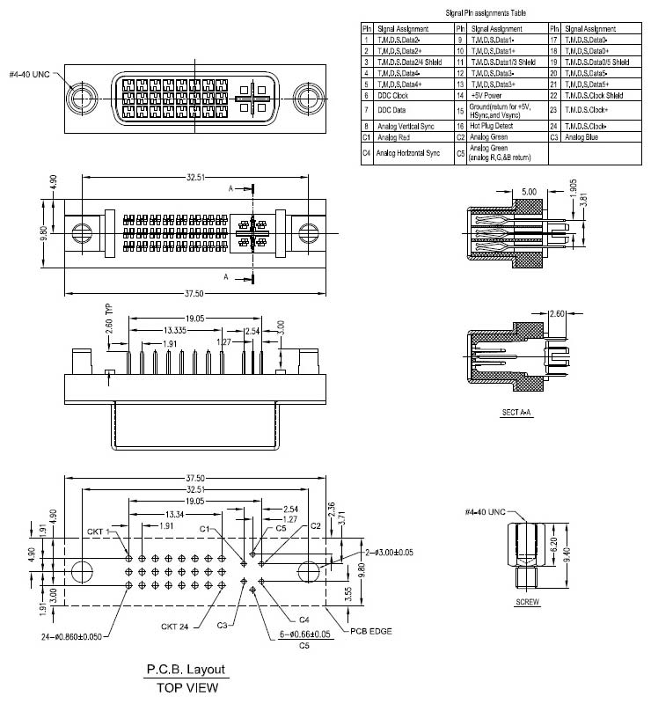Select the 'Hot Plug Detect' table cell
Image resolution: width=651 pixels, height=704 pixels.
491,126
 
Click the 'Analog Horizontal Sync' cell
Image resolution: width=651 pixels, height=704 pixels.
407,152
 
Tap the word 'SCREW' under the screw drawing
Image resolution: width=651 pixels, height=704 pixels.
527,603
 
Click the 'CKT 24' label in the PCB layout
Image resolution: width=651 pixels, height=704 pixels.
176,626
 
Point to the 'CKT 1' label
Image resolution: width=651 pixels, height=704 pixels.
99,532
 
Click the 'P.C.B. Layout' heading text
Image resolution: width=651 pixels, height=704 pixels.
186,670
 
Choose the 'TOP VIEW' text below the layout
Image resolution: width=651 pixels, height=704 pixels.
186,687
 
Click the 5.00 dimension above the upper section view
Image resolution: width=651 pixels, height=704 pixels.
529,191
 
